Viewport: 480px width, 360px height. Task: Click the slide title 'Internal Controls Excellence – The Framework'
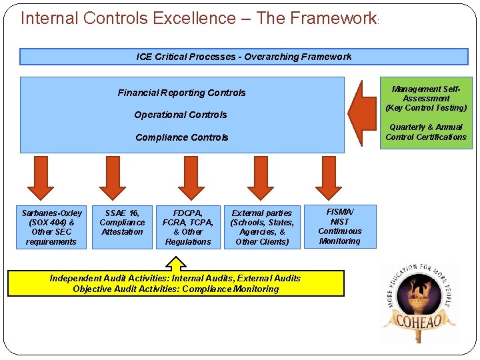click(199, 18)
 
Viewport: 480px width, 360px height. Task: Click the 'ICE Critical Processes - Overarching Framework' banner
click(243, 57)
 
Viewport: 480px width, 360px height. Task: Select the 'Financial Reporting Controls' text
click(181, 93)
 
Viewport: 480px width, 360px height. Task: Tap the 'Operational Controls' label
click(181, 115)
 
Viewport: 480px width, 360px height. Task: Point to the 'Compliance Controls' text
click(181, 137)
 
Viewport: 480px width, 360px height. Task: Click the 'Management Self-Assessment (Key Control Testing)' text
click(426, 98)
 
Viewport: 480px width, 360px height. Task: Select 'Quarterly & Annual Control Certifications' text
click(426, 132)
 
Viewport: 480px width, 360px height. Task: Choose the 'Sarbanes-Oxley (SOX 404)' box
click(51, 227)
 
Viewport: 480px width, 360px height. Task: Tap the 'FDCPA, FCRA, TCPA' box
click(188, 227)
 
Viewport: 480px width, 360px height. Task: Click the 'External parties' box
click(262, 227)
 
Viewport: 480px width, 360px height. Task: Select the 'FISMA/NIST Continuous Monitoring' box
click(340, 226)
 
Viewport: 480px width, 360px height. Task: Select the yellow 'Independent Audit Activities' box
click(176, 283)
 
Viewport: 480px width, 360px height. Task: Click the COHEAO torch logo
click(419, 303)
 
